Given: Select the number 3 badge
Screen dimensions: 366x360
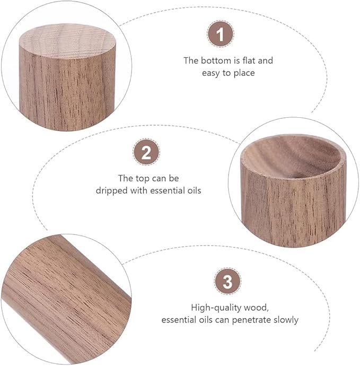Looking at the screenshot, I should pyautogui.click(x=227, y=282).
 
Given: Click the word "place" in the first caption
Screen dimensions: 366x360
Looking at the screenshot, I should pyautogui.click(x=243, y=73).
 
